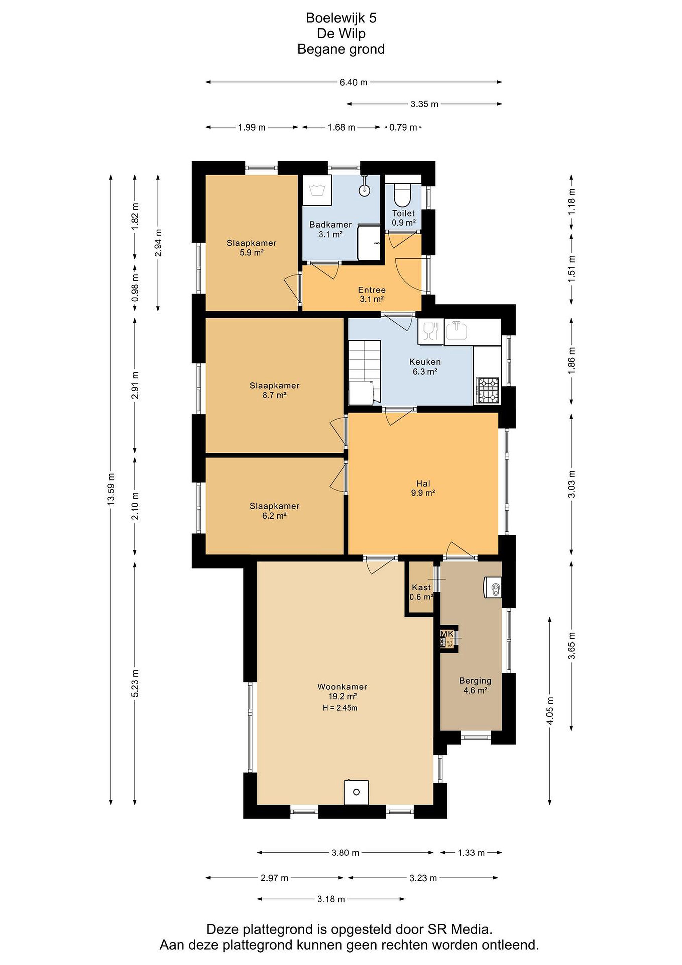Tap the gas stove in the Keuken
tap(487, 390)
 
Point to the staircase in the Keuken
tap(365, 372)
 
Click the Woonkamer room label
tap(342, 687)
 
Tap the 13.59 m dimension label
tap(110, 489)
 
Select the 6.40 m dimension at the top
tap(354, 82)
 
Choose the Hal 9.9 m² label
tap(423, 489)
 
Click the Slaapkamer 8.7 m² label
tap(275, 390)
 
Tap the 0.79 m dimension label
tap(403, 127)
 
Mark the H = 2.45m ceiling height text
tap(340, 708)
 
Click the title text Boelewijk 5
tap(341, 18)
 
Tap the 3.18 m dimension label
tap(331, 899)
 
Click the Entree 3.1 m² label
tap(372, 295)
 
